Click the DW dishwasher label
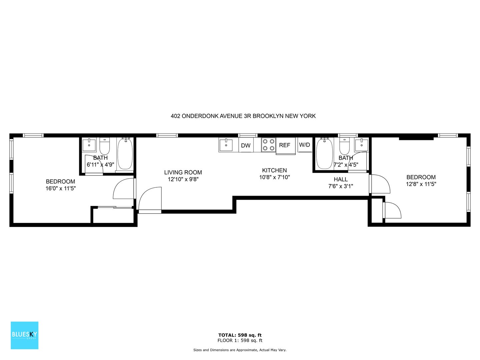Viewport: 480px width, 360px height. point(246,146)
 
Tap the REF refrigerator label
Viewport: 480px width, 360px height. point(285,145)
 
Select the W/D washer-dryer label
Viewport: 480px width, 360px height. point(304,145)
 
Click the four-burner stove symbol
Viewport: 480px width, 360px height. point(269,145)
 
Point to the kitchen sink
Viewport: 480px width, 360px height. point(226,144)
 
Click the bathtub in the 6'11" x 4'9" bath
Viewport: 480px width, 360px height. point(125,154)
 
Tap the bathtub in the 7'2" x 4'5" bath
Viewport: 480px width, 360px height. point(325,154)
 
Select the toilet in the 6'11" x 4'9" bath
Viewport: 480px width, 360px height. point(105,146)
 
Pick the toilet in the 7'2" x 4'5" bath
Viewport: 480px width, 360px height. point(344,146)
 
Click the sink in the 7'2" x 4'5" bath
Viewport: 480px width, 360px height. point(362,144)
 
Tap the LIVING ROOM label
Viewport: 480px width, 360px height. point(183,172)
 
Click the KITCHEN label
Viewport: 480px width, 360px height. point(274,170)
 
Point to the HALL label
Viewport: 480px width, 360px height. point(341,179)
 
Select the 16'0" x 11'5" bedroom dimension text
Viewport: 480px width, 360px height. point(61,188)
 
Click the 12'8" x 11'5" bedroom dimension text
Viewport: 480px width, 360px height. point(421,184)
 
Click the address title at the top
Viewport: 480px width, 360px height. point(243,116)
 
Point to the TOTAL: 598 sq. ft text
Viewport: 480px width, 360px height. point(240,335)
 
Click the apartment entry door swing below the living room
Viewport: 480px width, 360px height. point(150,200)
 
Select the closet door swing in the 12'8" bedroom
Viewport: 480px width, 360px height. point(392,210)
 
